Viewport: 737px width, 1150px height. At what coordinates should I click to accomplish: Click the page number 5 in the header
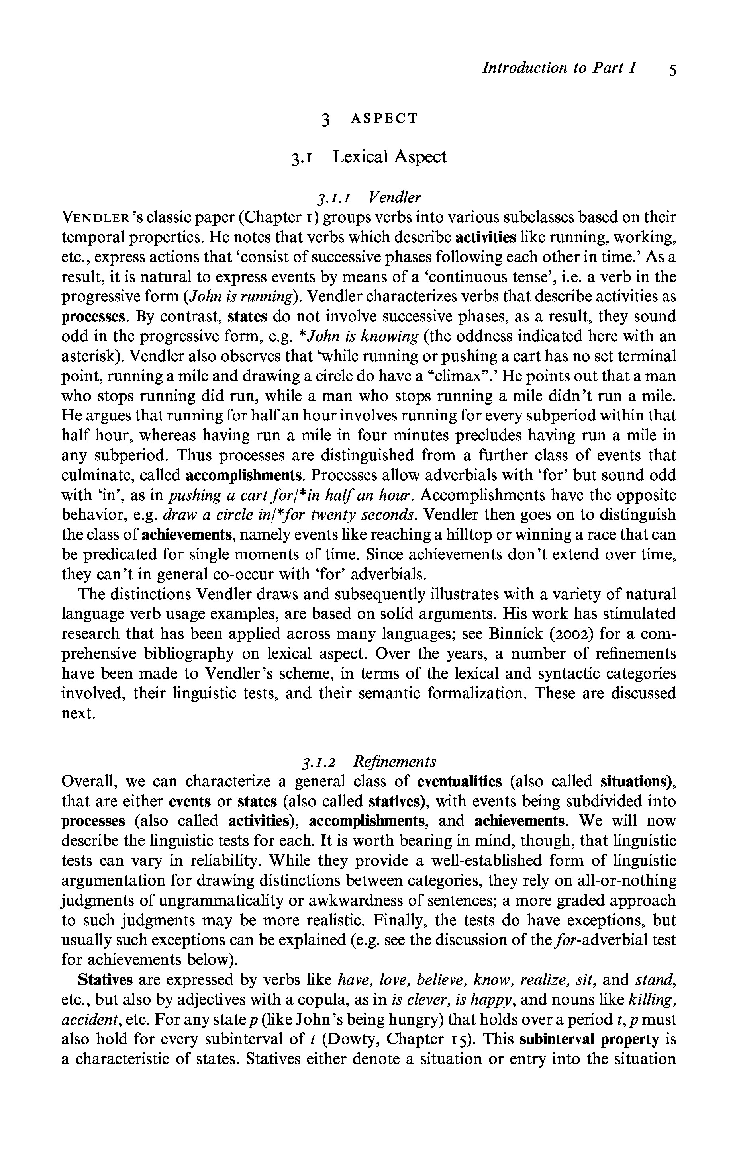tap(672, 70)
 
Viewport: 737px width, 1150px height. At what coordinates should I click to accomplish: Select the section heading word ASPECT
tap(384, 118)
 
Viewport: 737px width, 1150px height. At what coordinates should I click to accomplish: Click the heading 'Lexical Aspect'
tap(389, 156)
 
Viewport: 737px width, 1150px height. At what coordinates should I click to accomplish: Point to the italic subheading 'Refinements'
tap(394, 761)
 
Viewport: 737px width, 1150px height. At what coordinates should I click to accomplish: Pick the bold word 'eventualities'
tap(459, 781)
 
